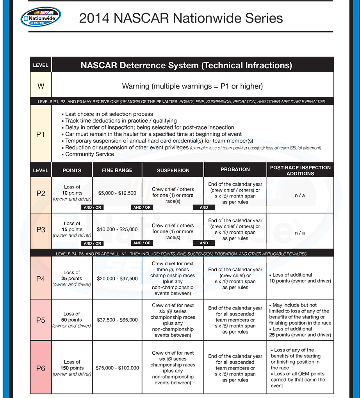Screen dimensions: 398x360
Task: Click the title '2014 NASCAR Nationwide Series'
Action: pyautogui.click(x=181, y=18)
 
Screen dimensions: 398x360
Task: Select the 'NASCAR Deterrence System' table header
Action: pyautogui.click(x=186, y=65)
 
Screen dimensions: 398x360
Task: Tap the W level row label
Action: pyautogui.click(x=41, y=86)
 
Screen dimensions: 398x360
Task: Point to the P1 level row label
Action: pyautogui.click(x=41, y=134)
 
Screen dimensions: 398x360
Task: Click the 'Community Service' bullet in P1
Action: pyautogui.click(x=89, y=154)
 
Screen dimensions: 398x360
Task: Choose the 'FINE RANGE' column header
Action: pyautogui.click(x=117, y=171)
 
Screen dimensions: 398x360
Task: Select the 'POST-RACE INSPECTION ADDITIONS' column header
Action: pyautogui.click(x=300, y=171)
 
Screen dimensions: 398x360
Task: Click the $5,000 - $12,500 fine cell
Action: pyautogui.click(x=117, y=193)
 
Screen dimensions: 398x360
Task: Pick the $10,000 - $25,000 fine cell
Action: pyautogui.click(x=117, y=229)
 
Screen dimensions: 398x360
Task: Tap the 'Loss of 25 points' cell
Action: pyautogui.click(x=72, y=278)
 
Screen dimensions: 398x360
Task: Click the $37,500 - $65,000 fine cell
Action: pyautogui.click(x=117, y=320)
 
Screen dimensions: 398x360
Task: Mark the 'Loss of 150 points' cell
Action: pyautogui.click(x=72, y=368)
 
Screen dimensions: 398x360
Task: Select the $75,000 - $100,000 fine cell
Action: pyautogui.click(x=117, y=368)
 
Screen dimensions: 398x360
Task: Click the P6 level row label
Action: pyautogui.click(x=41, y=368)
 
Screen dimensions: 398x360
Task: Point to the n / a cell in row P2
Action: pyautogui.click(x=300, y=195)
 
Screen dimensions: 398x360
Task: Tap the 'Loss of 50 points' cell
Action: pyautogui.click(x=72, y=320)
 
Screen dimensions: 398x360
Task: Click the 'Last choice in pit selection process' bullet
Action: pyautogui.click(x=109, y=114)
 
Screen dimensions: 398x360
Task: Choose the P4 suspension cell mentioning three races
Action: pyautogui.click(x=173, y=278)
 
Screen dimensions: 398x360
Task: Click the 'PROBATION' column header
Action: pyautogui.click(x=235, y=170)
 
